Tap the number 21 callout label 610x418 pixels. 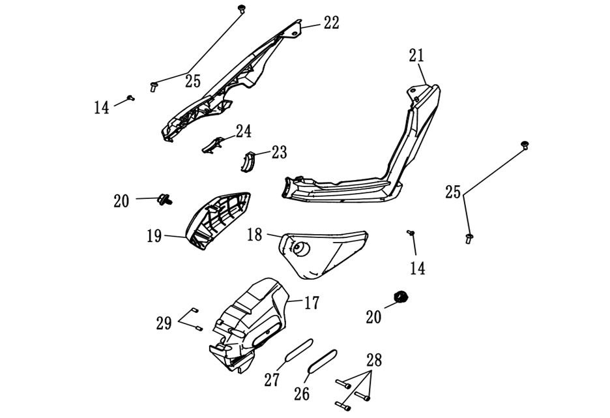pos(416,55)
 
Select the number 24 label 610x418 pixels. pos(244,132)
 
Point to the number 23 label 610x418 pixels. pos(280,153)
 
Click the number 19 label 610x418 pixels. pos(154,236)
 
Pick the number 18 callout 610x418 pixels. pos(255,235)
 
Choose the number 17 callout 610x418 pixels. pos(312,303)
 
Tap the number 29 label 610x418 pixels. pos(164,323)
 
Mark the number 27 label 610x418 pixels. pos(272,380)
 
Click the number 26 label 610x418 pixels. pos(302,394)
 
